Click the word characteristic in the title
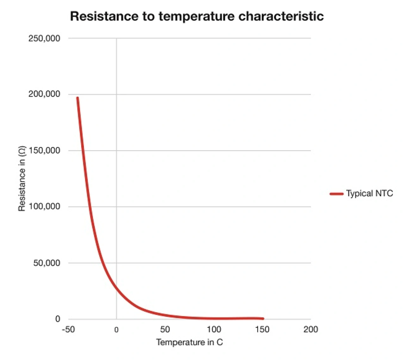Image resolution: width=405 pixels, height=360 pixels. [x=281, y=16]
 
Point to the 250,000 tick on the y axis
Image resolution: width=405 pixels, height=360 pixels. [x=44, y=39]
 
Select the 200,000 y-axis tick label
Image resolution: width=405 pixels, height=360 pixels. [x=44, y=94]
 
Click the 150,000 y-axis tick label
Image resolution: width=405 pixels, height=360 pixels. [x=44, y=150]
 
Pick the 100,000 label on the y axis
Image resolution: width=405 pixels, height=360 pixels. [x=44, y=206]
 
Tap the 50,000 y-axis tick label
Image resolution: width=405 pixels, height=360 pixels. [x=47, y=263]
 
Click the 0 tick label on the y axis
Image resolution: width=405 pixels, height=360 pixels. [x=58, y=319]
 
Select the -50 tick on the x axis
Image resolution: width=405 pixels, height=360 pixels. [x=68, y=329]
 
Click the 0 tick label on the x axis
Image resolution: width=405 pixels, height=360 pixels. [x=116, y=330]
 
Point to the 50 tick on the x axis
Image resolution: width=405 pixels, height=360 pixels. [x=165, y=329]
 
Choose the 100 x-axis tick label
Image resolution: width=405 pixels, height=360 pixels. [x=214, y=329]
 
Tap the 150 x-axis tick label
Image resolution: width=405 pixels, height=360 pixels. [x=262, y=329]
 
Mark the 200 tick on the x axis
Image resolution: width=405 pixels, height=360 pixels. [x=310, y=329]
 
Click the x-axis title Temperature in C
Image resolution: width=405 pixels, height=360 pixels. [x=189, y=342]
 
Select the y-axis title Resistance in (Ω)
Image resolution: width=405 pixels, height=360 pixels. [x=22, y=179]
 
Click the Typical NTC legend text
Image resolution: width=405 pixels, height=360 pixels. [x=369, y=193]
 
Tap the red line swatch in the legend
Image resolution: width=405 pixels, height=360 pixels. [x=336, y=194]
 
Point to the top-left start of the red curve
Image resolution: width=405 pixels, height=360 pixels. [x=78, y=98]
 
